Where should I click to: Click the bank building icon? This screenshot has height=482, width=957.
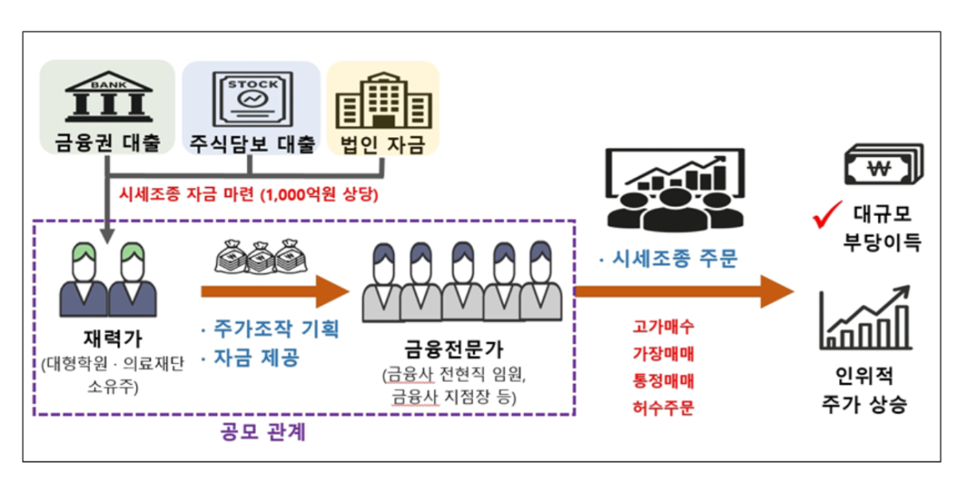coord(107,96)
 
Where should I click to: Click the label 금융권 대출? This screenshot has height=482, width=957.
coord(107,143)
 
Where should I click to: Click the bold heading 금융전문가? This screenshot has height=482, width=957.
coord(455,349)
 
